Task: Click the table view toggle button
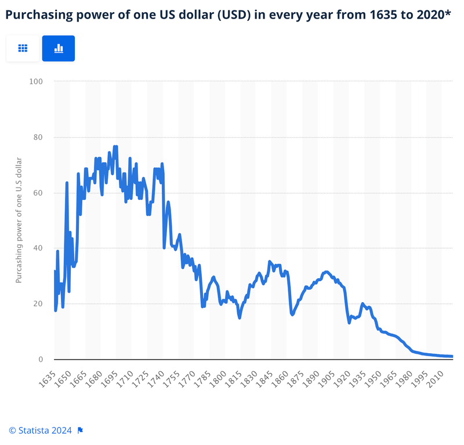click(x=23, y=48)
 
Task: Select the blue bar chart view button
click(x=59, y=48)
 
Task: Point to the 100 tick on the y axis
click(x=36, y=81)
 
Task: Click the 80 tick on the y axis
click(x=38, y=138)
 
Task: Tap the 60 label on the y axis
click(x=38, y=193)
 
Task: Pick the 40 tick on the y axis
click(x=38, y=249)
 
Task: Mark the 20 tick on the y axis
click(x=38, y=304)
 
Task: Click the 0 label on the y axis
click(x=41, y=360)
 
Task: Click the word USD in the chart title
click(x=230, y=15)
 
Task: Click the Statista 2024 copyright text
click(x=40, y=430)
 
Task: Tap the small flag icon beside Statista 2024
click(x=81, y=430)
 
